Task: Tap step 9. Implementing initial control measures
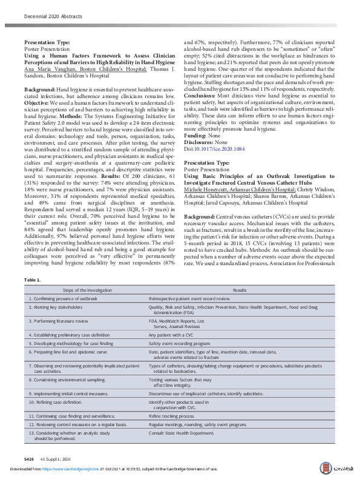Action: (69, 393)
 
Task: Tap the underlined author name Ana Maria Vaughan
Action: (48, 70)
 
